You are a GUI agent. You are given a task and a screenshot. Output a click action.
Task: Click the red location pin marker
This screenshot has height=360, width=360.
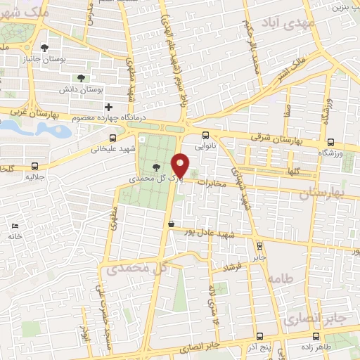(x=181, y=166)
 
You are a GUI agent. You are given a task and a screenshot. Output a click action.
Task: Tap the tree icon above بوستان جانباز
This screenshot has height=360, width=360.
(x=44, y=48)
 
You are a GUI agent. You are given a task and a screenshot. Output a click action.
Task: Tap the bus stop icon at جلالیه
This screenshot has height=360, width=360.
(x=35, y=167)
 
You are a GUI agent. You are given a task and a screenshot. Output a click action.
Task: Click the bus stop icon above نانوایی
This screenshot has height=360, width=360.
(x=205, y=136)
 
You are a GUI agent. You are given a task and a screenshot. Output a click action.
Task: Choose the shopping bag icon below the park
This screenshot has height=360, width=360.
(x=171, y=224)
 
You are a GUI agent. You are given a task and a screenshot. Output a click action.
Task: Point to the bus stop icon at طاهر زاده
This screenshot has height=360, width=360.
(x=317, y=335)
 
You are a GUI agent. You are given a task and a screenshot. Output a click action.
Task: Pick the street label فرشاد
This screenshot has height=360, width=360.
(x=231, y=268)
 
